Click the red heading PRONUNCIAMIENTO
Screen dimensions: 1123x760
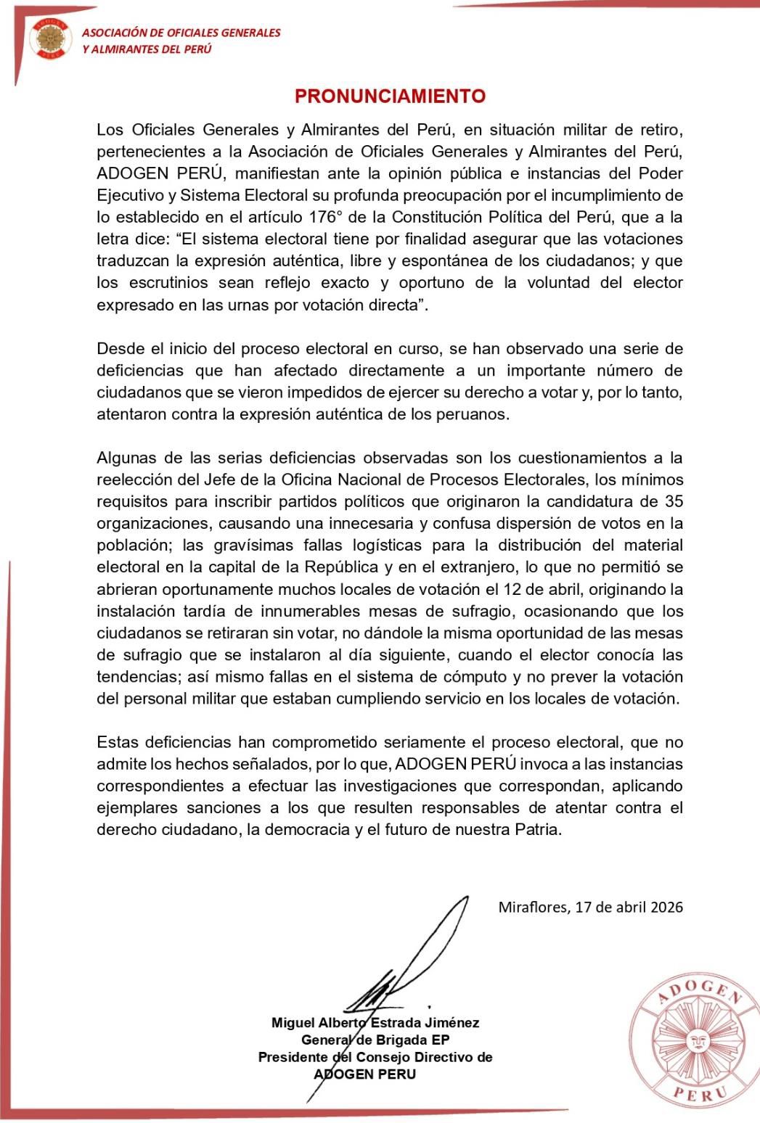[x=390, y=96]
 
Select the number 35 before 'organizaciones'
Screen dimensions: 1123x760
[x=673, y=501]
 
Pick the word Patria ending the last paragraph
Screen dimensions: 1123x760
[x=539, y=829]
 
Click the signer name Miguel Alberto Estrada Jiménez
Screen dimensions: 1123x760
[x=375, y=1022]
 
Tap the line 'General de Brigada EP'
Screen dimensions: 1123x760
[x=375, y=1040]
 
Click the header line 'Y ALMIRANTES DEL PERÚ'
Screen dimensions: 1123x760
[x=147, y=49]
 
